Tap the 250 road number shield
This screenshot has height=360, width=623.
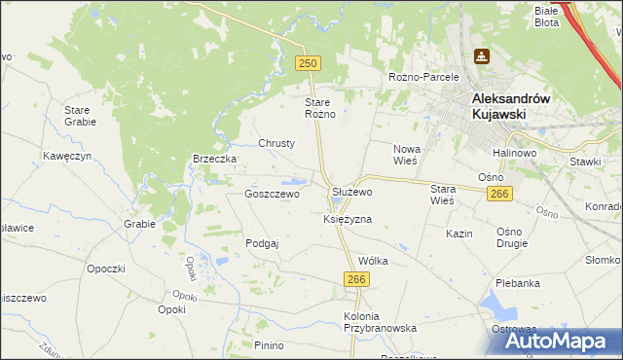pos(308,62)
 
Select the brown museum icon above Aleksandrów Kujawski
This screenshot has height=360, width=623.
pos(481,56)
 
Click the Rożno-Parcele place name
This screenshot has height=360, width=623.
pos(422,77)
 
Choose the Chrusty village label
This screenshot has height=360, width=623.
pos(276,143)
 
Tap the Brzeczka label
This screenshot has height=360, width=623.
pos(215,159)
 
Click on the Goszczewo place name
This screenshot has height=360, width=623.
pos(272,194)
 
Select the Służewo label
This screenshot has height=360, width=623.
pos(351,194)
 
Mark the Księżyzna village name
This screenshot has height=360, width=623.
pos(348,220)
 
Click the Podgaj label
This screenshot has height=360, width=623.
pos(262,243)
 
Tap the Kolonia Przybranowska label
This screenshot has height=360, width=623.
pos(381,322)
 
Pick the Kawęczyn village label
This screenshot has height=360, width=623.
pos(67,156)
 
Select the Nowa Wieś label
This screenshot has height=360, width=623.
pos(405,155)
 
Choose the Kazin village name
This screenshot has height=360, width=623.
pos(459,234)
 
